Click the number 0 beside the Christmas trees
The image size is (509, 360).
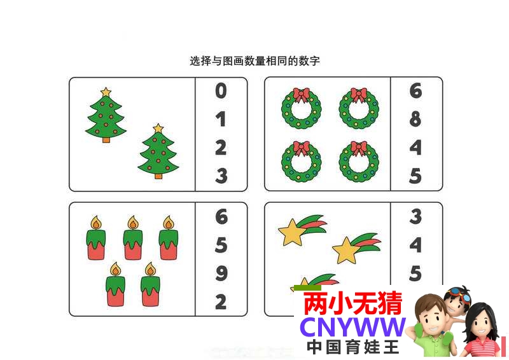click(x=221, y=90)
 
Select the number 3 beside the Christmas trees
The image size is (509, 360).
click(x=221, y=176)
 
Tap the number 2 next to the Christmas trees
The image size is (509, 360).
click(x=221, y=148)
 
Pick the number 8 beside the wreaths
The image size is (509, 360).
click(x=415, y=119)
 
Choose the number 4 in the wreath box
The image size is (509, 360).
click(x=415, y=148)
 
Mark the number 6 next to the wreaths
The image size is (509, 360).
click(x=415, y=90)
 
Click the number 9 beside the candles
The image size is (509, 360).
click(x=221, y=273)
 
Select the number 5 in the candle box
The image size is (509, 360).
click(x=221, y=245)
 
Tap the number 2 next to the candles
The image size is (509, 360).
click(x=221, y=301)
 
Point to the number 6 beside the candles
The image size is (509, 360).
click(x=221, y=216)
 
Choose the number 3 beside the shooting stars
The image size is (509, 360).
click(x=415, y=216)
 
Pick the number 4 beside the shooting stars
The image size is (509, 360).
click(x=415, y=245)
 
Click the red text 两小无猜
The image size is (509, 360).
click(x=353, y=303)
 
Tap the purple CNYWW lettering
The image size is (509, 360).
click(x=353, y=327)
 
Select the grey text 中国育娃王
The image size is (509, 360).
click(x=353, y=347)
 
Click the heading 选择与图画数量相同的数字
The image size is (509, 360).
click(x=255, y=60)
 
